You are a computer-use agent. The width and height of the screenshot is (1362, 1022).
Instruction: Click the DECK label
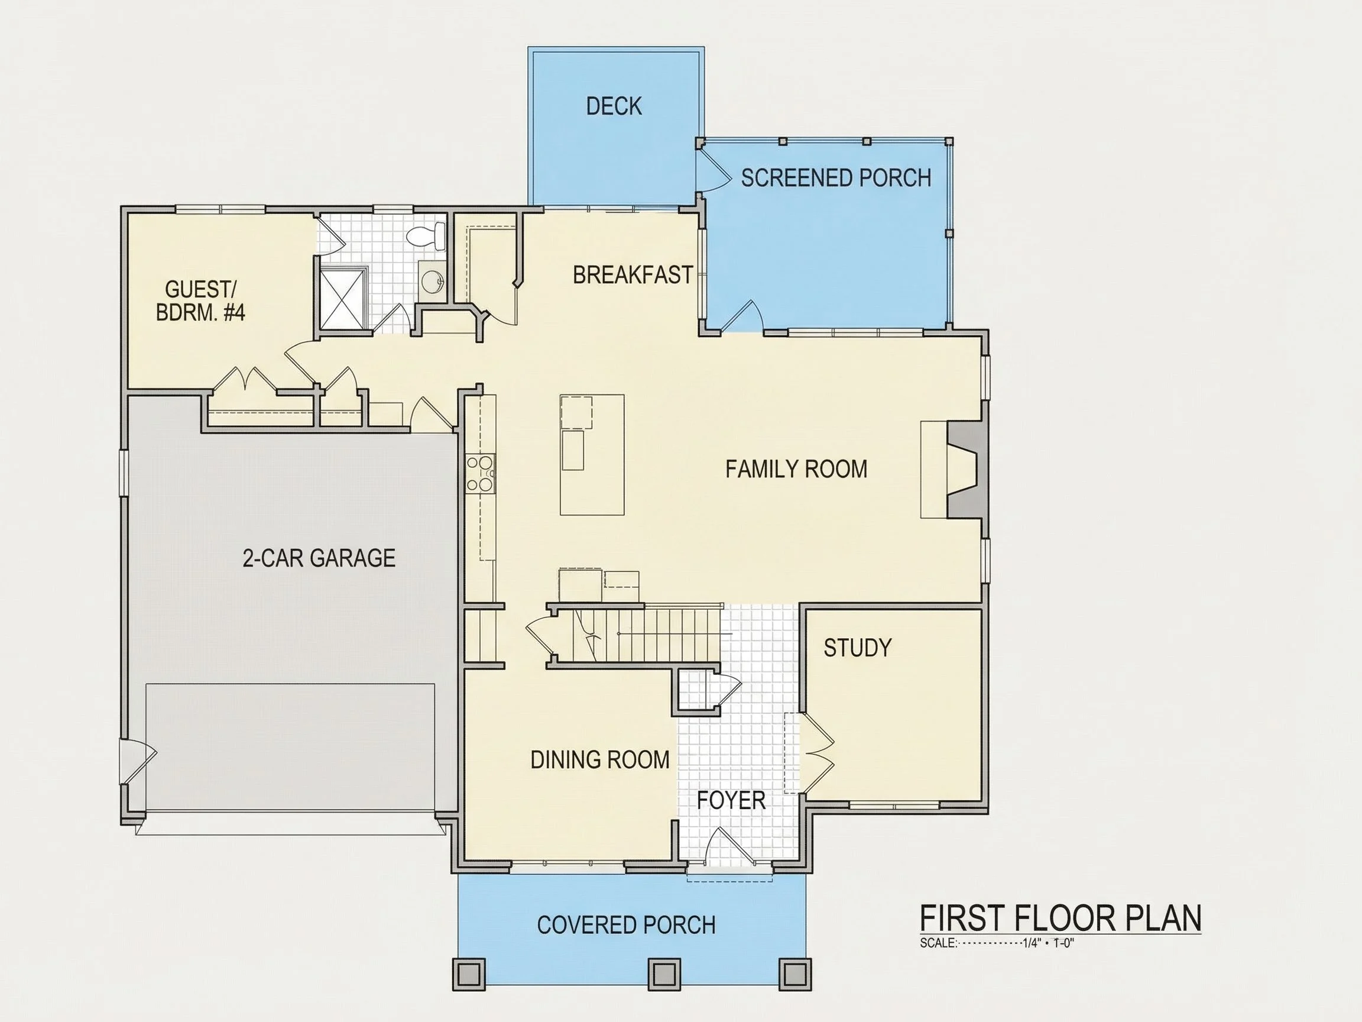[x=614, y=106]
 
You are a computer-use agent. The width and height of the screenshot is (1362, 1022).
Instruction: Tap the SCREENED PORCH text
[x=836, y=178]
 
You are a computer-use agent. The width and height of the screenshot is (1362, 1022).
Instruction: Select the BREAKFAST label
[x=633, y=275]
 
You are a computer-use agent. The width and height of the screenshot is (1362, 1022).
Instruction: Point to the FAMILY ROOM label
[x=796, y=470]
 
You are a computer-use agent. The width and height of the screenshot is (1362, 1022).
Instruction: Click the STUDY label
[x=858, y=648]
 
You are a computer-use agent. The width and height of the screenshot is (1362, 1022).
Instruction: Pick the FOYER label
[x=731, y=800]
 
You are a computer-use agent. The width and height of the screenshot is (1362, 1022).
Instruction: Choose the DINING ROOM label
[x=601, y=759]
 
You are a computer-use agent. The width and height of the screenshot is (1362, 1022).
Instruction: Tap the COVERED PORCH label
[x=626, y=924]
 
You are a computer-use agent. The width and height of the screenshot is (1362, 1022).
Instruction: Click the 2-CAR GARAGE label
[x=319, y=558]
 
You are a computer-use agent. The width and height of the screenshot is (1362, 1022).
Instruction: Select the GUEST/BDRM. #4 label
[x=201, y=300]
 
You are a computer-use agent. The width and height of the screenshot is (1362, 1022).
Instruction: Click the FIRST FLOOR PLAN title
[x=1061, y=918]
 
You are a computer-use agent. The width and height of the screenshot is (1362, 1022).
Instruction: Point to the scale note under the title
[x=997, y=943]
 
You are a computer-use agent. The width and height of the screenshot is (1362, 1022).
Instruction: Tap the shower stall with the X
[x=343, y=299]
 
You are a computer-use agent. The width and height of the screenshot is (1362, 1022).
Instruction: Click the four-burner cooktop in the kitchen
[x=480, y=474]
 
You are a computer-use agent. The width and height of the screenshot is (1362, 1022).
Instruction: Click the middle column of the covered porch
[x=664, y=974]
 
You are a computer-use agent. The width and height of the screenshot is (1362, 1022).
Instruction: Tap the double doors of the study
[x=816, y=752]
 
